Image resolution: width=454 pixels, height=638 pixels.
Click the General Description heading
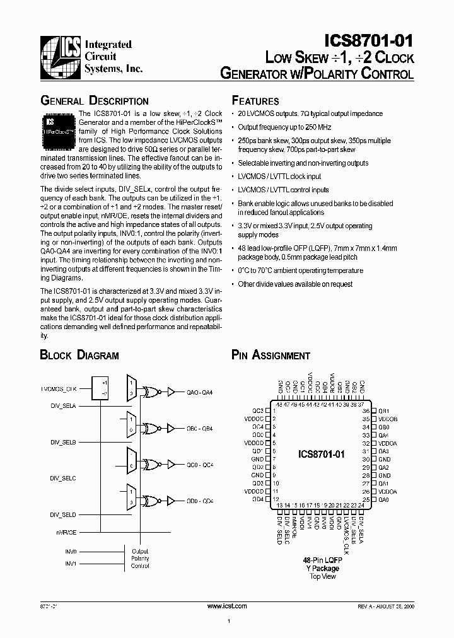(95, 101)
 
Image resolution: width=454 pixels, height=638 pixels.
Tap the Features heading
(255, 101)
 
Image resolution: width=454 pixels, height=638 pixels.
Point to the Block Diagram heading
(79, 355)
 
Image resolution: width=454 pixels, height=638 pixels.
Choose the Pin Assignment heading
(271, 355)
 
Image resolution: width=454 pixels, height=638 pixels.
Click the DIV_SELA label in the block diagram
(63, 407)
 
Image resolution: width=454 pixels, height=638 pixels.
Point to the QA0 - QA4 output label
(201, 391)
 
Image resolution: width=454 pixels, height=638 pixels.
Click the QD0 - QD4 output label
(201, 501)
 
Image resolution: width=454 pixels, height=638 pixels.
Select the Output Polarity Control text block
(140, 558)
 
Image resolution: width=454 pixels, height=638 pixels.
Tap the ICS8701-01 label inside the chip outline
(322, 455)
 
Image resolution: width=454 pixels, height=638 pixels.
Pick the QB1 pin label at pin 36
(384, 410)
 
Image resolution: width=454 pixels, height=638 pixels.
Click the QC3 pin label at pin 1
(257, 410)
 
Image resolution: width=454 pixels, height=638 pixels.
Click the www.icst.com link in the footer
(227, 605)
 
